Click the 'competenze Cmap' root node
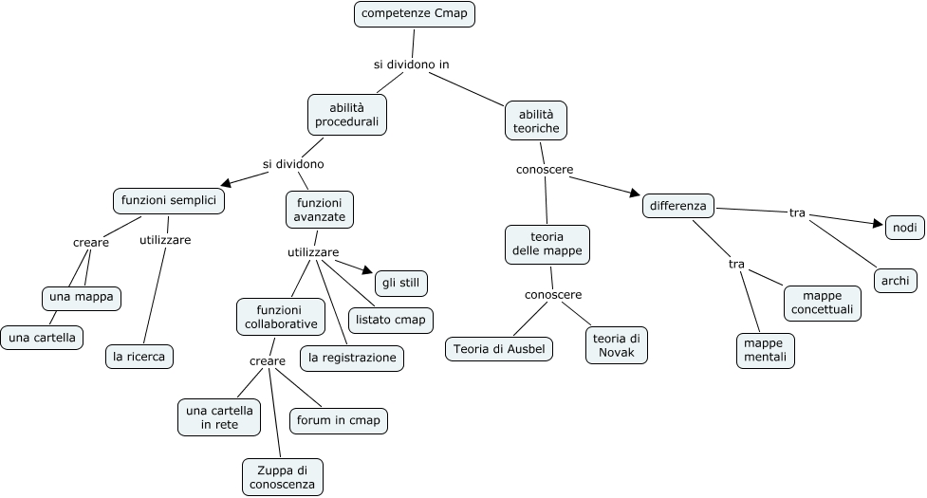415,15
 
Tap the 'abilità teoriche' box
536,120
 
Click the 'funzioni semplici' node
168,201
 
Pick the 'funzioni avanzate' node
319,210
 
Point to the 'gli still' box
401,283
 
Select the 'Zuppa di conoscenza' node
283,476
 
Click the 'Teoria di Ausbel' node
499,348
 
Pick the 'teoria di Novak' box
616,345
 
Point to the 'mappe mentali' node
765,350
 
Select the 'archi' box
895,280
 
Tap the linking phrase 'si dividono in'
411,65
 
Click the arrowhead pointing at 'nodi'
877,224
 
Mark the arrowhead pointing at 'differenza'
636,194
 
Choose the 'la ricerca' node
139,357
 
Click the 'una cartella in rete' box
220,417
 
